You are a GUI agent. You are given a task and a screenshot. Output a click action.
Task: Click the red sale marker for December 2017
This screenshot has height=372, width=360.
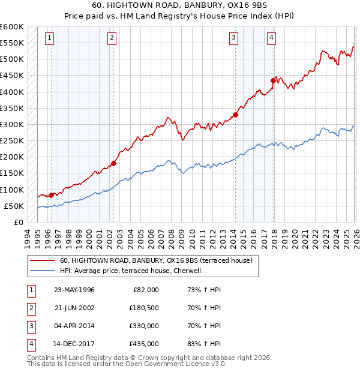coord(274,80)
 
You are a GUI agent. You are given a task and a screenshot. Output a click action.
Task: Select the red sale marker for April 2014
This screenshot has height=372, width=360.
coord(235,115)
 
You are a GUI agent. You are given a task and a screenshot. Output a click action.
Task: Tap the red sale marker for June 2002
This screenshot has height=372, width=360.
coord(113,163)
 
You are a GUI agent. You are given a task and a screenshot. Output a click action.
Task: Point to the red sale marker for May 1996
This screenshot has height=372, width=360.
coord(51,195)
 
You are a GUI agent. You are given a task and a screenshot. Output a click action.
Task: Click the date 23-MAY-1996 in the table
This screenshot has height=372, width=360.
coord(74,290)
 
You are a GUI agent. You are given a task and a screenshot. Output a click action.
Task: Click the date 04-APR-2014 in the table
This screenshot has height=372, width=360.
coord(74,326)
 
